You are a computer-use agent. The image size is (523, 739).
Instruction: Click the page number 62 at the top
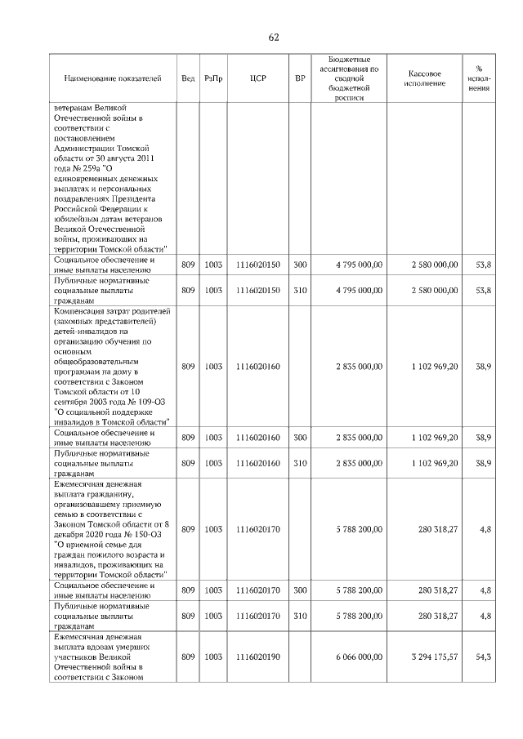pos(273,38)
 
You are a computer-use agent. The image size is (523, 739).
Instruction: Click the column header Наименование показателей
pos(113,78)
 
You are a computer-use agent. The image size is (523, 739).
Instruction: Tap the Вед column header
pos(188,78)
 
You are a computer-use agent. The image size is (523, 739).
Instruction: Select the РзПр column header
pos(213,78)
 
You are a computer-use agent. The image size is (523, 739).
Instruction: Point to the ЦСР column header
pos(257,78)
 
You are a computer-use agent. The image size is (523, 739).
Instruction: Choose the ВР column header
pos(300,78)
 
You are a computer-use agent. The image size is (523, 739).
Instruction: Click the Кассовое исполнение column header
pos(423,78)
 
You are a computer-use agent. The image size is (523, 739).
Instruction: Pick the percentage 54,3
pos(482,656)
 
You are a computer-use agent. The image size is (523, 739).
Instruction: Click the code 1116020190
pos(257,656)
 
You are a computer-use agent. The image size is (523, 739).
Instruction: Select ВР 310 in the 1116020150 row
pos(300,290)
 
